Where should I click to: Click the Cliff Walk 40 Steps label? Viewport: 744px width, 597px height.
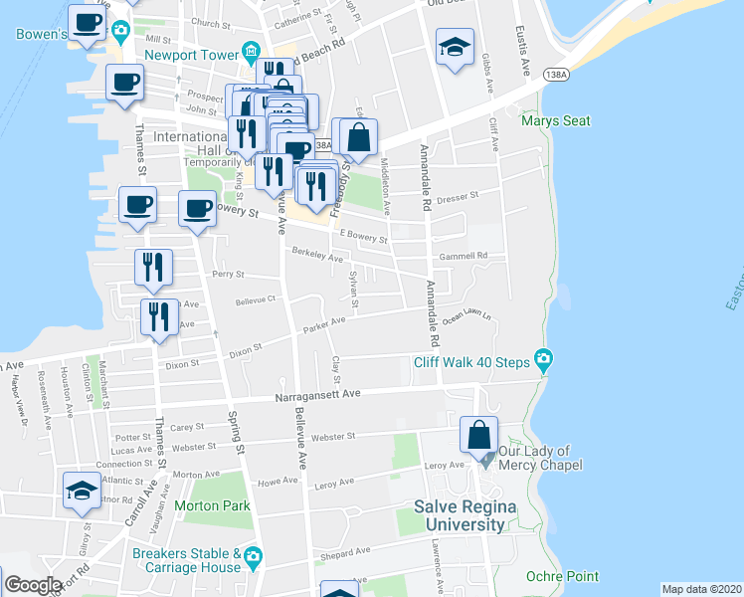point(471,362)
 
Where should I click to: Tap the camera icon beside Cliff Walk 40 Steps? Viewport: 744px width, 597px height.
point(543,359)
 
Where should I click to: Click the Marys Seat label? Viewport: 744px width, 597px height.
point(555,121)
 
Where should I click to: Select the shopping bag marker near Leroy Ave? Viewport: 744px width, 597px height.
point(479,436)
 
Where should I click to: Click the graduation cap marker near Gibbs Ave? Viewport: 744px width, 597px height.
point(454,47)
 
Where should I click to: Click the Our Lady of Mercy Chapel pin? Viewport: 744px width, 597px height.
point(485,461)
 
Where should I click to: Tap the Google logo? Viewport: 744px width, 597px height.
point(32,584)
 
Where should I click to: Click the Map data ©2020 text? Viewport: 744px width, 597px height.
point(701,589)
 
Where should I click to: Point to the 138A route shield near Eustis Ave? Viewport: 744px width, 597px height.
point(557,74)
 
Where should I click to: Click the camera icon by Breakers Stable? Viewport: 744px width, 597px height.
point(254,555)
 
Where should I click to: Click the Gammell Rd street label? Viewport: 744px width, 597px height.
point(466,256)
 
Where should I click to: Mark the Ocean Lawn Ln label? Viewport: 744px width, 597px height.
point(468,317)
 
